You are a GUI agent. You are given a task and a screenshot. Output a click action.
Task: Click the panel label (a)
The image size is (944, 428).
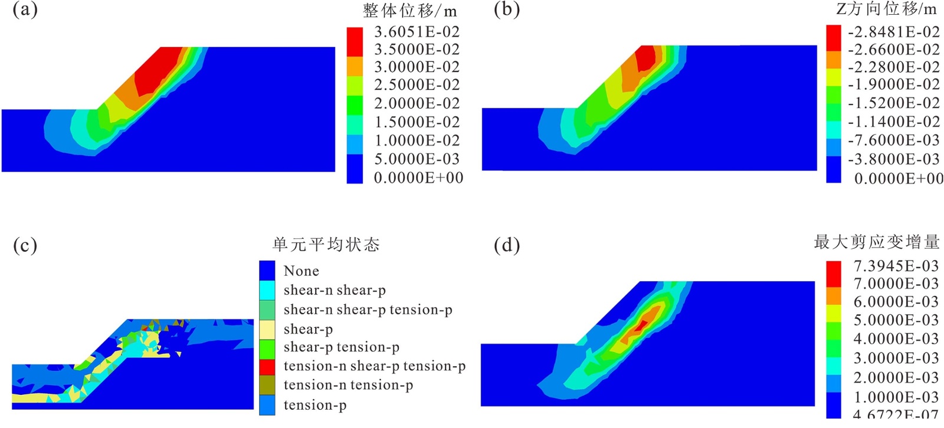(x=25, y=10)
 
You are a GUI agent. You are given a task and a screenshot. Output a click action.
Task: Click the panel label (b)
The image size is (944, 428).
(x=506, y=10)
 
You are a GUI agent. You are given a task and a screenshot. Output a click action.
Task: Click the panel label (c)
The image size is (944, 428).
(x=25, y=245)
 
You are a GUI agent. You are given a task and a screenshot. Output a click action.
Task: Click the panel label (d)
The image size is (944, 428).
(x=506, y=245)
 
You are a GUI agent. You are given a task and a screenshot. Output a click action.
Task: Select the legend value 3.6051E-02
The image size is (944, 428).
(x=417, y=32)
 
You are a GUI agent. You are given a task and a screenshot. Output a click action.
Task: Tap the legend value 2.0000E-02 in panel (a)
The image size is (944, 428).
(x=417, y=104)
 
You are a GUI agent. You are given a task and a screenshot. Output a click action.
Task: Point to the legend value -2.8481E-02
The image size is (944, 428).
(x=894, y=32)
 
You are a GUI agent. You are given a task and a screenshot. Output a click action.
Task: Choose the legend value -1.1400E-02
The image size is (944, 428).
(x=894, y=122)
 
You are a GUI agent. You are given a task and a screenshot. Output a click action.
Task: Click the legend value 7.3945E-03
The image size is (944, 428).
(x=896, y=266)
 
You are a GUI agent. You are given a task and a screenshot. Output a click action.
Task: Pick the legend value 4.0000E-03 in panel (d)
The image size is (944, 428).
(x=896, y=339)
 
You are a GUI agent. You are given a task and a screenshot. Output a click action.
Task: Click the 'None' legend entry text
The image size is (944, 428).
(x=301, y=271)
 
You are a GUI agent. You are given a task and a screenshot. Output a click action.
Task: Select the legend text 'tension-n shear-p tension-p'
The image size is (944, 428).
(x=374, y=366)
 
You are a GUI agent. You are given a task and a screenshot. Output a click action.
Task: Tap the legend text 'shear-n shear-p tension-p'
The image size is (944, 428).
(x=368, y=310)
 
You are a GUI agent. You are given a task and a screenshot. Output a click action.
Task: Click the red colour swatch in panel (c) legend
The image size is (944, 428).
(x=267, y=367)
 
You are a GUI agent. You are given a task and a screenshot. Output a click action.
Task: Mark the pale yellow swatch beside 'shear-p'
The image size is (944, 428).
(x=267, y=329)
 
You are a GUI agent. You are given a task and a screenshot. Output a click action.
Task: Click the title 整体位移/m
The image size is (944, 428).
(x=409, y=11)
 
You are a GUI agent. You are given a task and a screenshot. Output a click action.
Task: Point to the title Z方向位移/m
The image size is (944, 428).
(x=886, y=9)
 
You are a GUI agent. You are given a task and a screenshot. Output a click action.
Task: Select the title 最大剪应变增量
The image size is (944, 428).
(x=876, y=242)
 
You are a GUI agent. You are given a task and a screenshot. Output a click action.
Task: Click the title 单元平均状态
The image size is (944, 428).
(x=326, y=245)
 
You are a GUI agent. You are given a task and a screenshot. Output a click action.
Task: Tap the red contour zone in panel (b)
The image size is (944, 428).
(x=647, y=57)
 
